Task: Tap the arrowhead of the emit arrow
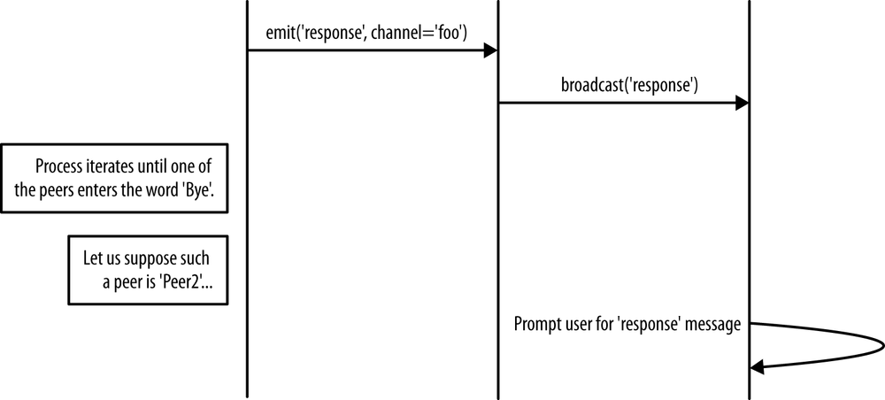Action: [489, 50]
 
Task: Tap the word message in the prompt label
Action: [716, 324]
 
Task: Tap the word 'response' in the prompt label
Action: [658, 324]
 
